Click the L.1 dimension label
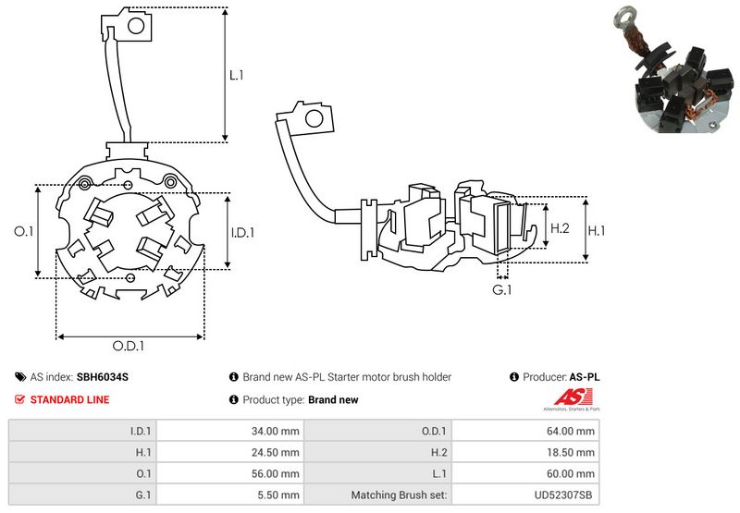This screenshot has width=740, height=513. tap(237, 76)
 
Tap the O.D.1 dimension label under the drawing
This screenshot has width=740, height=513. tap(129, 347)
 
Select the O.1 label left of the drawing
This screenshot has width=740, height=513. tap(25, 231)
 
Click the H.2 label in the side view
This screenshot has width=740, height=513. tap(559, 227)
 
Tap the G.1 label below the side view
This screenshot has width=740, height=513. tap(502, 291)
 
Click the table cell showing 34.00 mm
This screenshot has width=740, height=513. tap(276, 431)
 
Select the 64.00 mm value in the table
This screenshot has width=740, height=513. tap(573, 431)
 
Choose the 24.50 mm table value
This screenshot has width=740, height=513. tap(276, 452)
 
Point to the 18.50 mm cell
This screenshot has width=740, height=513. tap(573, 452)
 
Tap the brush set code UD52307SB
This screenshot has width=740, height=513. tap(565, 495)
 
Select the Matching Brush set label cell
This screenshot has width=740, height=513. tap(399, 495)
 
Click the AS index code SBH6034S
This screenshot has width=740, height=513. tap(103, 377)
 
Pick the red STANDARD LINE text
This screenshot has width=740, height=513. tap(69, 399)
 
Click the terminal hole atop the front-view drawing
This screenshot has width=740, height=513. tap(135, 25)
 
